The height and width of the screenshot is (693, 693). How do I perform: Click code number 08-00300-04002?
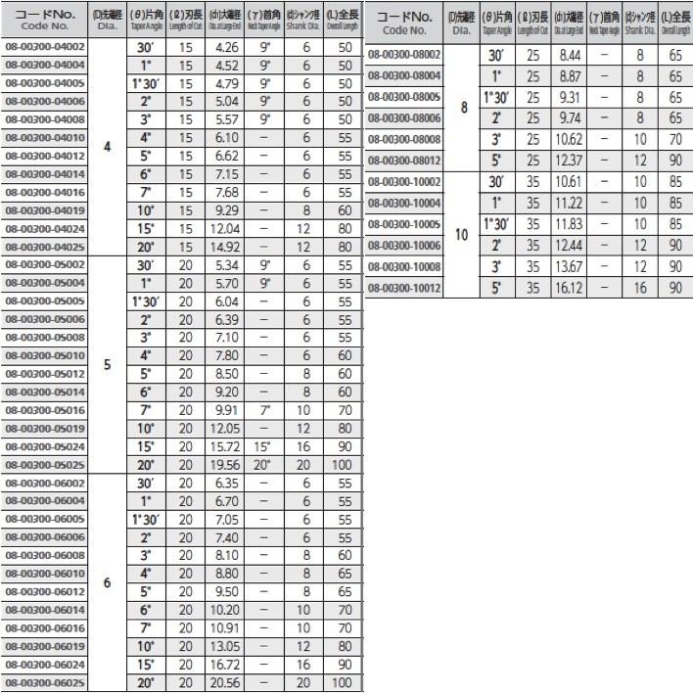45,46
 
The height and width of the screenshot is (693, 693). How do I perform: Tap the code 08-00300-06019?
45,647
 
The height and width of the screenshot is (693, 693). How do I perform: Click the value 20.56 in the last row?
226,683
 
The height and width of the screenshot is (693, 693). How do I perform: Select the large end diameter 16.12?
567,288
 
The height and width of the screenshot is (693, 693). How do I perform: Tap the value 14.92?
226,247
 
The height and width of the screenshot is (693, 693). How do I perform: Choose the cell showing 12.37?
567,160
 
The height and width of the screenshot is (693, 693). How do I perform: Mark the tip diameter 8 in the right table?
463,109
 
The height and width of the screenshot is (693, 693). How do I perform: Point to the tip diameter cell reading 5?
107,364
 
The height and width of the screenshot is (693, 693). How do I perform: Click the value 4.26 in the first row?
226,46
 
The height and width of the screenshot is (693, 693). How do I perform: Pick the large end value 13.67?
567,266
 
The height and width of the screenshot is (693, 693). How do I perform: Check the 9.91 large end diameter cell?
226,409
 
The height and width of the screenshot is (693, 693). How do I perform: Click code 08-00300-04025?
45,247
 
